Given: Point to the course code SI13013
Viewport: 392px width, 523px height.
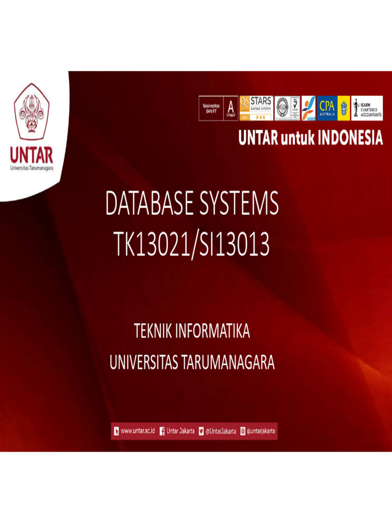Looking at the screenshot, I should pos(236,246).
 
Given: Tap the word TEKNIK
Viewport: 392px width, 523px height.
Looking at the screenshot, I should pos(153,331).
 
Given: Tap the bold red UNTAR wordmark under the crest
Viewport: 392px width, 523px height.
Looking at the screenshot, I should pos(32,155).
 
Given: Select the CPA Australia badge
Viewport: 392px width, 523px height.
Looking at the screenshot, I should pos(327,108).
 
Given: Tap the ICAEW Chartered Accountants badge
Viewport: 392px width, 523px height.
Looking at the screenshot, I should pos(367,108).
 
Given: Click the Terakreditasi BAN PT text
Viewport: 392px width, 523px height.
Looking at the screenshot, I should pos(208,108).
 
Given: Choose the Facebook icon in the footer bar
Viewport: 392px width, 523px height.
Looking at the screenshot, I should pos(162,431).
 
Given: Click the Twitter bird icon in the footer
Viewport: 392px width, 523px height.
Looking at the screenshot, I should pos(201,431).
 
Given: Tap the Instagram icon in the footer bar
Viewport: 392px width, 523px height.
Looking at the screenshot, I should pos(242,431).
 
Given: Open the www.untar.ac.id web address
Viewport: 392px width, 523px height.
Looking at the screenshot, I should pos(138,431).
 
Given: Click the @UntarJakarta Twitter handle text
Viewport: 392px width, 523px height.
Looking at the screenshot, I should pos(220,431).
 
